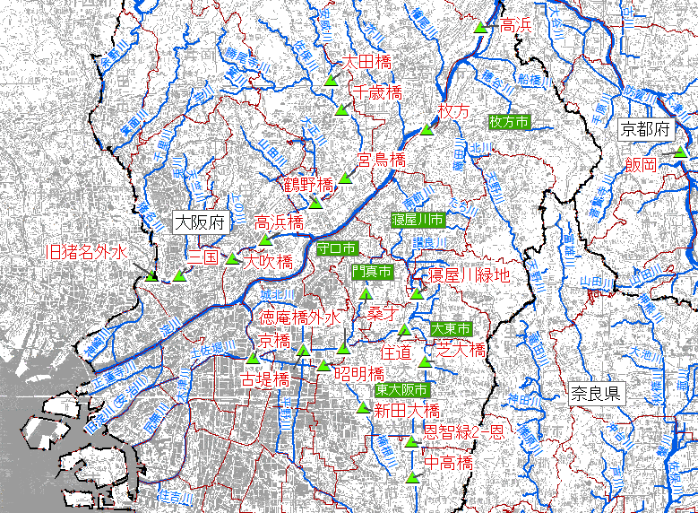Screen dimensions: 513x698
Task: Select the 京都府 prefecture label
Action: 645,129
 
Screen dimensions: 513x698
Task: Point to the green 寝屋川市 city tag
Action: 418,219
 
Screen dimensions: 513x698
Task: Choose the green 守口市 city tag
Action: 337,248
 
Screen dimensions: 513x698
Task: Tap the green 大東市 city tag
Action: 451,329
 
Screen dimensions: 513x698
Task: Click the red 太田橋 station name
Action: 367,63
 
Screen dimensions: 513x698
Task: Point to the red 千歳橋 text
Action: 376,91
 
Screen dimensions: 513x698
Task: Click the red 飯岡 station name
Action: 642,164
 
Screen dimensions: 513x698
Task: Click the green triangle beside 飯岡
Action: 680,152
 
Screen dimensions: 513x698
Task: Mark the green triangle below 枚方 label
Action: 427,128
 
